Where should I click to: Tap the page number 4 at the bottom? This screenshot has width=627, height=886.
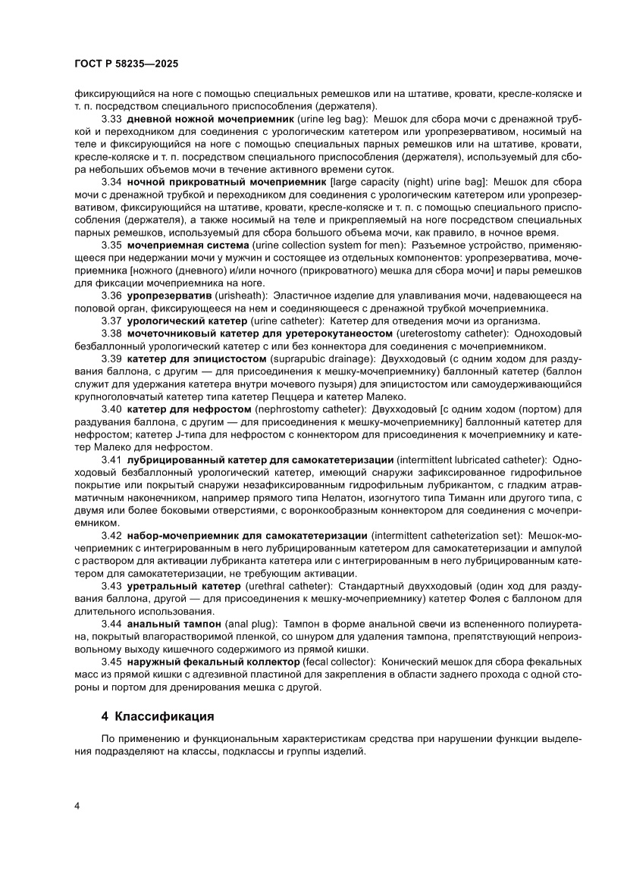click(77, 804)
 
